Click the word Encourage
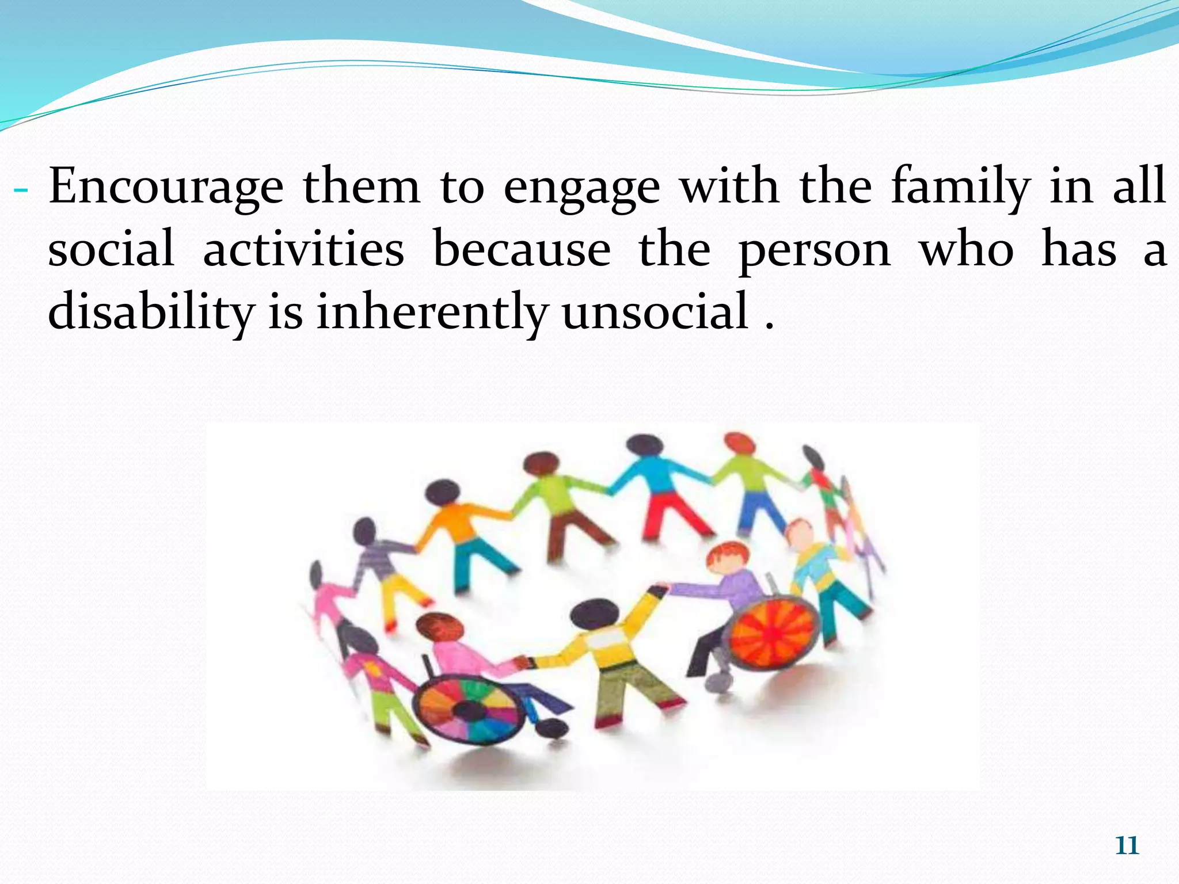coord(166,187)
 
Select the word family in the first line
coord(960,187)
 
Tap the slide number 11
coord(1127,846)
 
